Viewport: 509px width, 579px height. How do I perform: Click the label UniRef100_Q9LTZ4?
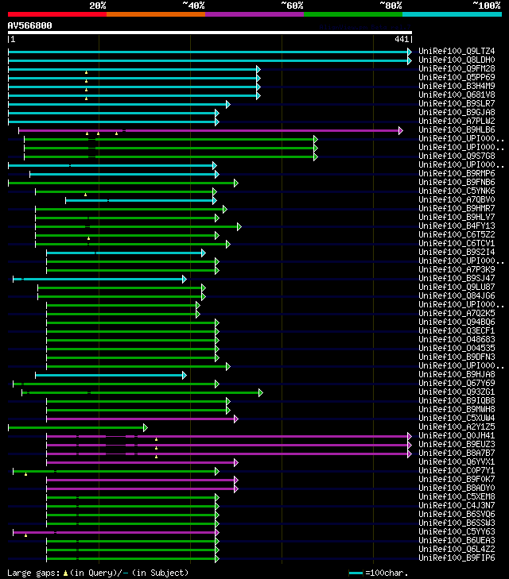pyautogui.click(x=457, y=52)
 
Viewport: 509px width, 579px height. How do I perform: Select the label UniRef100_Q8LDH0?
pyautogui.click(x=457, y=60)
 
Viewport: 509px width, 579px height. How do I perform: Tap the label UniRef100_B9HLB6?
pyautogui.click(x=457, y=130)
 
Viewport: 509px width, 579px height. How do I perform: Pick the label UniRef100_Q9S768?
pyautogui.click(x=457, y=156)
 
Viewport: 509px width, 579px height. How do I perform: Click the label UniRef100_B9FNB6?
pyautogui.click(x=457, y=183)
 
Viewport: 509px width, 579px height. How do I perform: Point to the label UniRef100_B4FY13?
pyautogui.click(x=457, y=226)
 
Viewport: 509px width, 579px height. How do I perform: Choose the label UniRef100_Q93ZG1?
pyautogui.click(x=457, y=392)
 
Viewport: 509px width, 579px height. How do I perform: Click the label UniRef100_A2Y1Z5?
pyautogui.click(x=457, y=427)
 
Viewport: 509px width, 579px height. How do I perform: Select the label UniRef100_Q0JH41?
pyautogui.click(x=457, y=436)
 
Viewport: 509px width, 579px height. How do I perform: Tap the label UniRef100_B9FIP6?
pyautogui.click(x=457, y=558)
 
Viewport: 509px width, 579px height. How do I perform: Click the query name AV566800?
pyautogui.click(x=30, y=25)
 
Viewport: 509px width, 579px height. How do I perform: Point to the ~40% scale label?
pyautogui.click(x=193, y=6)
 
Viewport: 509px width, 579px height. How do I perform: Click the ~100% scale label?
pyautogui.click(x=487, y=6)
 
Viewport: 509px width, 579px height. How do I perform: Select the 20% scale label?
pyautogui.click(x=98, y=6)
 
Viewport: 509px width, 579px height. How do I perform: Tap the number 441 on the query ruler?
pyautogui.click(x=401, y=39)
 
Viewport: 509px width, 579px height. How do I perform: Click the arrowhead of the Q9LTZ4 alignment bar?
pyautogui.click(x=410, y=52)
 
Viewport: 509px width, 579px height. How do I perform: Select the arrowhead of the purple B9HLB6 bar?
pyautogui.click(x=401, y=130)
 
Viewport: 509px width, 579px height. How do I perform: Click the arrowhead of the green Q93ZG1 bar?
pyautogui.click(x=260, y=392)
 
